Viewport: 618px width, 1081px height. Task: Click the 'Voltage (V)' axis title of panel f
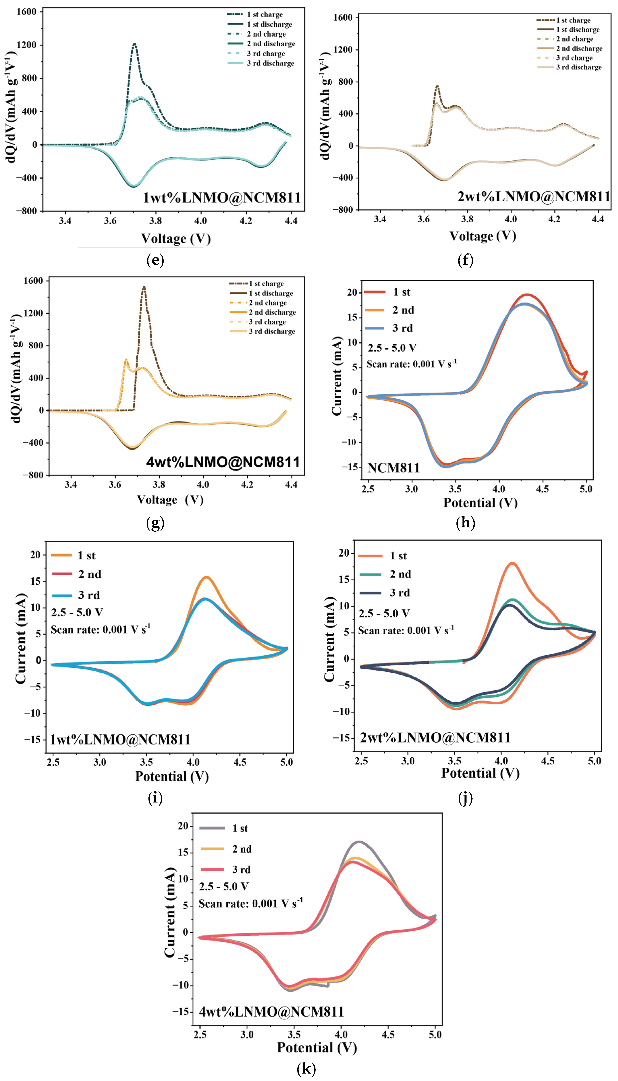click(x=483, y=236)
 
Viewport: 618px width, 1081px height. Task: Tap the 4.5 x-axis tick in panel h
click(x=542, y=489)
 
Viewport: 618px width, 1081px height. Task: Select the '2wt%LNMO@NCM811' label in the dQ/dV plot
click(x=533, y=196)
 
